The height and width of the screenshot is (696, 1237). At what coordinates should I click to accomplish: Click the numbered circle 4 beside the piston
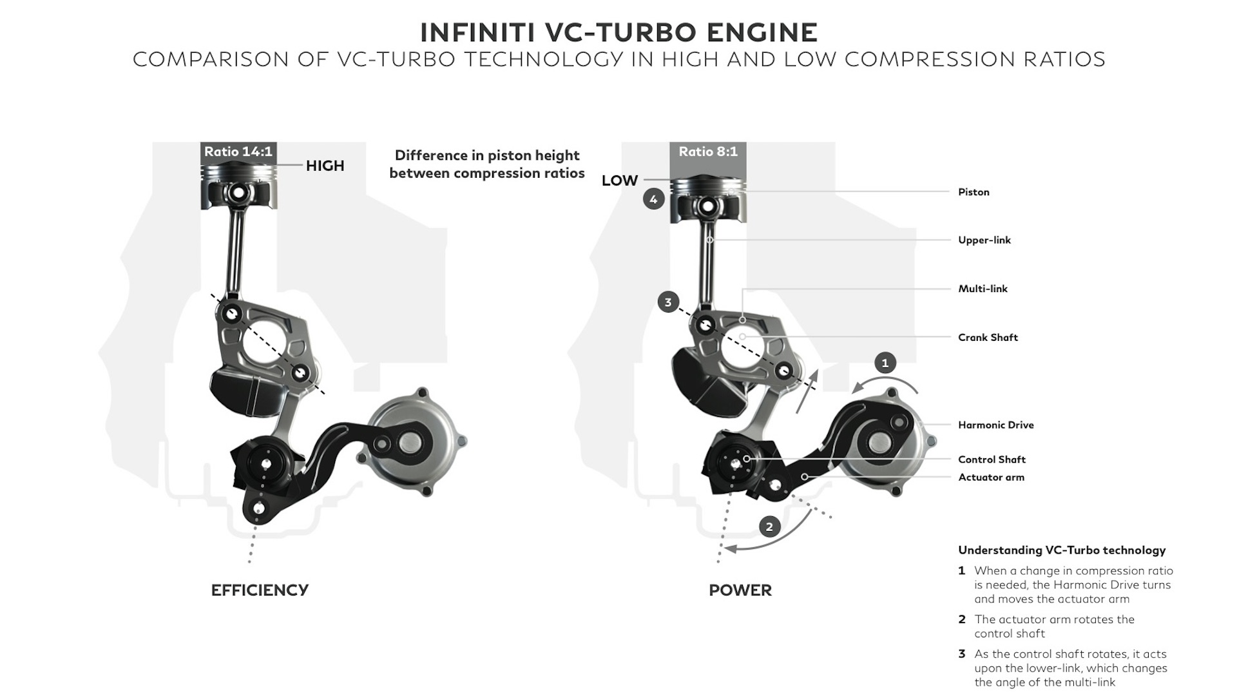[653, 199]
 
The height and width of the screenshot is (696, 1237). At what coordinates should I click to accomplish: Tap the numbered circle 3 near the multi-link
[668, 302]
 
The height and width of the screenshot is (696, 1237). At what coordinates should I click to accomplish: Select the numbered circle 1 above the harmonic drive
[885, 363]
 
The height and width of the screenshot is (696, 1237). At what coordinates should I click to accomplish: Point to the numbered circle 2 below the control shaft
[769, 527]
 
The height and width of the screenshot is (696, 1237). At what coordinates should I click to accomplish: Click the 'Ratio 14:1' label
[238, 151]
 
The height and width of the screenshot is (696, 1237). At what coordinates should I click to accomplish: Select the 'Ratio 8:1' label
[708, 151]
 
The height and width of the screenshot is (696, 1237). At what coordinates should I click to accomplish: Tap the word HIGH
[325, 166]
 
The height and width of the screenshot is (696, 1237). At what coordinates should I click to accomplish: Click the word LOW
[619, 180]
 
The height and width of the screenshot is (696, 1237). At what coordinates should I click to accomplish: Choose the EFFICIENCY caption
[260, 590]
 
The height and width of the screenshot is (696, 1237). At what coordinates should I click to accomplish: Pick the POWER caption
[740, 590]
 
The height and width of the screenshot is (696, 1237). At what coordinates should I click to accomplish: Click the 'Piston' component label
[973, 192]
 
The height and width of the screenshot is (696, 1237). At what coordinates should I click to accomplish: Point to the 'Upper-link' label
[984, 240]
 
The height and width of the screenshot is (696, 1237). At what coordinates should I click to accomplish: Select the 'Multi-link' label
[983, 289]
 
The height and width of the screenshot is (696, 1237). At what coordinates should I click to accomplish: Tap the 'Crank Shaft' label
[988, 337]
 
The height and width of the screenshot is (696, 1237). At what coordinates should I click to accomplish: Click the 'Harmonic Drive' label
[995, 425]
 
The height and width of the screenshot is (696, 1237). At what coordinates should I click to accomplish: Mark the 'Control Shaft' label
[992, 459]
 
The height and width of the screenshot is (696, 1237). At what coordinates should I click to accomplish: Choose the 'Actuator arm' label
[991, 478]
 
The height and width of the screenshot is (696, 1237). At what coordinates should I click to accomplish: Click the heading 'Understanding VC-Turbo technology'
[1061, 550]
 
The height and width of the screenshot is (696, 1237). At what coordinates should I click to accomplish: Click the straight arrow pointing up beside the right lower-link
[807, 391]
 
